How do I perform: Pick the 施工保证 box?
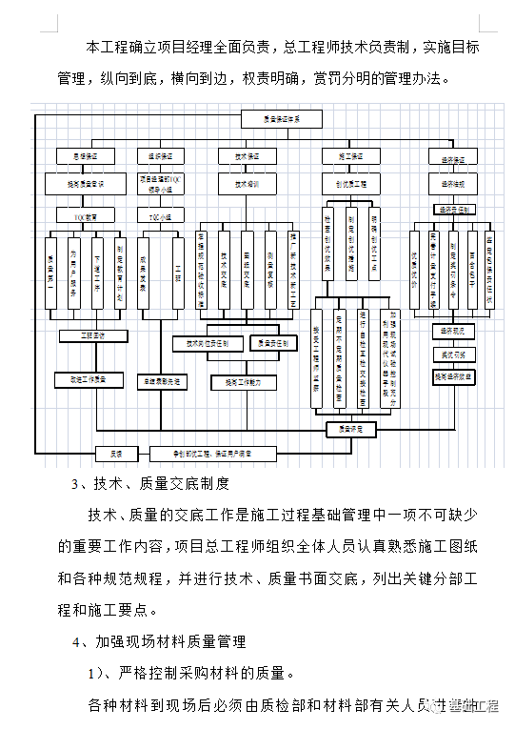tap(345, 153)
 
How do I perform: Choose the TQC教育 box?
tap(86, 215)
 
